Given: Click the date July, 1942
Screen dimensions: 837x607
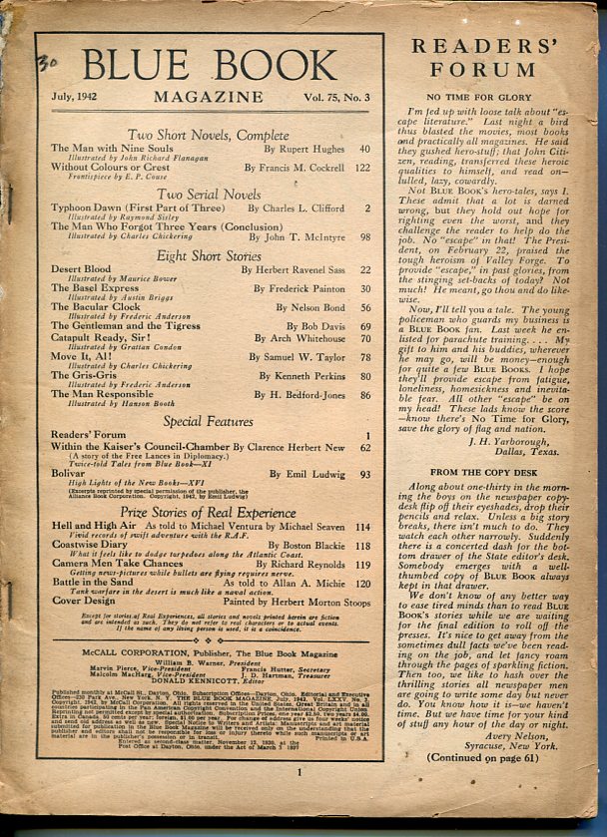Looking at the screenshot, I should [80, 97].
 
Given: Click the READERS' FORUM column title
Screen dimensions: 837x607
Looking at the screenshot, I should [498, 57].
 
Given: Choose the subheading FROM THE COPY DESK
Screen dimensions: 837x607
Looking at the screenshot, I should [498, 498].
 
